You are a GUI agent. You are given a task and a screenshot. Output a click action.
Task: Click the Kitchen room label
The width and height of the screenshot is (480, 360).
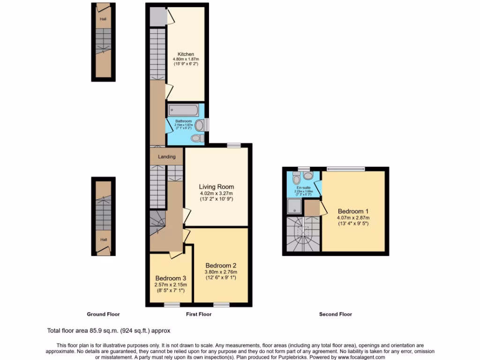pyautogui.click(x=186, y=54)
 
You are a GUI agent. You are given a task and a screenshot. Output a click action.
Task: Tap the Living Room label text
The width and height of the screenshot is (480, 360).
pyautogui.click(x=216, y=187)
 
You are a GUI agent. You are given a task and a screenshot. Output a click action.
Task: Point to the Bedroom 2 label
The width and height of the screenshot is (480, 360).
pyautogui.click(x=221, y=266)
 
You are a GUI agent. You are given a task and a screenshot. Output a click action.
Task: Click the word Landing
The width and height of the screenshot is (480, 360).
pyautogui.click(x=166, y=157)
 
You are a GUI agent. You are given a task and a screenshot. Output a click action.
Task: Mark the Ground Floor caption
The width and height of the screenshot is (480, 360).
pyautogui.click(x=103, y=314)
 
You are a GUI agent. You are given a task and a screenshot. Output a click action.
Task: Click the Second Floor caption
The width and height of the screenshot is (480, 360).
pyautogui.click(x=335, y=314)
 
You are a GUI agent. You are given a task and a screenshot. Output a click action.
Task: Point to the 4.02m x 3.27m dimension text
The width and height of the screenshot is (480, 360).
pyautogui.click(x=216, y=194)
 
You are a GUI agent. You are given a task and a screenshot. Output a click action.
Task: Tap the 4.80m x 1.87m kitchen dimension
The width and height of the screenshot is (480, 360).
pyautogui.click(x=186, y=60)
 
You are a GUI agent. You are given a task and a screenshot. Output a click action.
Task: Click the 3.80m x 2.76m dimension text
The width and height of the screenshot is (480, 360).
pyautogui.click(x=221, y=272)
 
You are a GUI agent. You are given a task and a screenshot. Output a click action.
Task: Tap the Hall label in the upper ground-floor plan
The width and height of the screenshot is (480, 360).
pyautogui.click(x=102, y=19)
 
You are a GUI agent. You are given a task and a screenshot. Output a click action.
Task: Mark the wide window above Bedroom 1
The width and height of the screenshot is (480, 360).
pyautogui.click(x=346, y=168)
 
